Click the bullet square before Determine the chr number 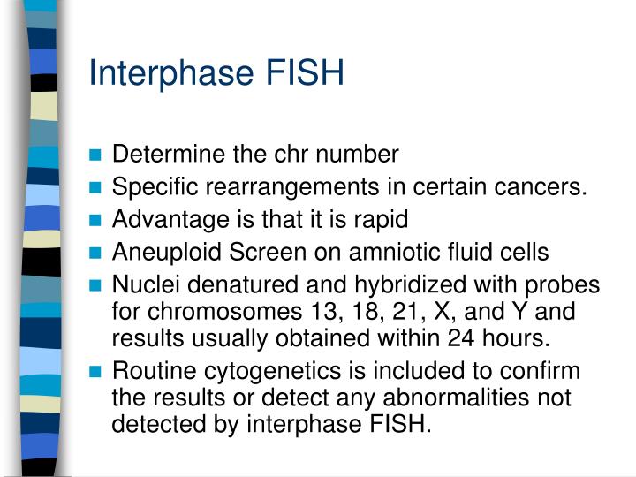[x=96, y=155]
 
